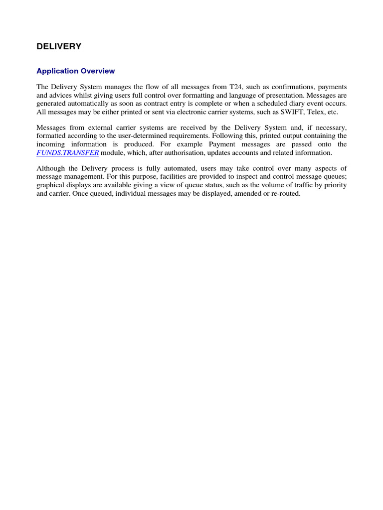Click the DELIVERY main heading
pyautogui.click(x=59, y=46)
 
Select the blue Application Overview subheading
pyautogui.click(x=76, y=71)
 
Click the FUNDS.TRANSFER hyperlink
pyautogui.click(x=68, y=152)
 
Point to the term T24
pyautogui.click(x=236, y=87)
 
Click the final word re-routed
pyautogui.click(x=284, y=193)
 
